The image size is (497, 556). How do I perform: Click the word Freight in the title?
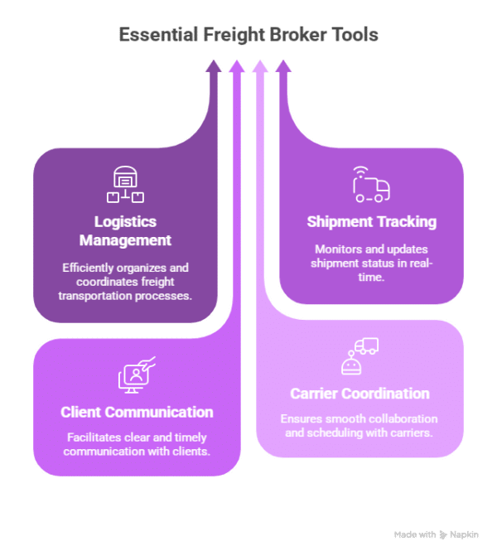tap(234, 36)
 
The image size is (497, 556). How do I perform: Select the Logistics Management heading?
tap(125, 231)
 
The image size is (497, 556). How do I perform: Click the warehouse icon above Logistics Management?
tap(125, 184)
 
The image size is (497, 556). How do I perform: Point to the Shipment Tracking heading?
tap(372, 222)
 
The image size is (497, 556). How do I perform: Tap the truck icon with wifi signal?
tap(371, 184)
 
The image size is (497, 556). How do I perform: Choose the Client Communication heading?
tap(137, 412)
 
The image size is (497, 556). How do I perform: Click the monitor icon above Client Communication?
tap(137, 375)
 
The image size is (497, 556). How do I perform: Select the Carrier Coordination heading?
tap(359, 394)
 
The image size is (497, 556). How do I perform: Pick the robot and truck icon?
tap(359, 356)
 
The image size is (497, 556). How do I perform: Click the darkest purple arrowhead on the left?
tap(214, 66)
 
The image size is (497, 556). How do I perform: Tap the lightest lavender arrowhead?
tap(260, 66)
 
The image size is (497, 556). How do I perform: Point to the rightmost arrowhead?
tap(283, 66)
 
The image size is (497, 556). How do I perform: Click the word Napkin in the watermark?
tap(464, 534)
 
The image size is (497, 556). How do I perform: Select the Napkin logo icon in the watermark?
tap(443, 534)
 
